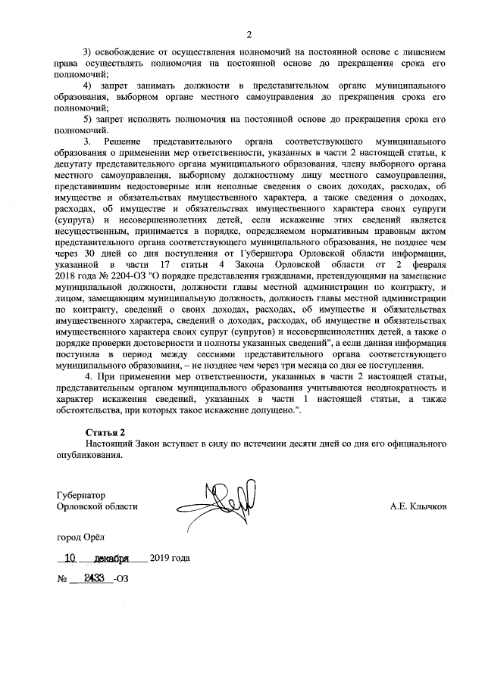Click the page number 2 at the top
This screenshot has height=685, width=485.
tap(248, 33)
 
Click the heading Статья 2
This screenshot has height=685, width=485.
tap(105, 431)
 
